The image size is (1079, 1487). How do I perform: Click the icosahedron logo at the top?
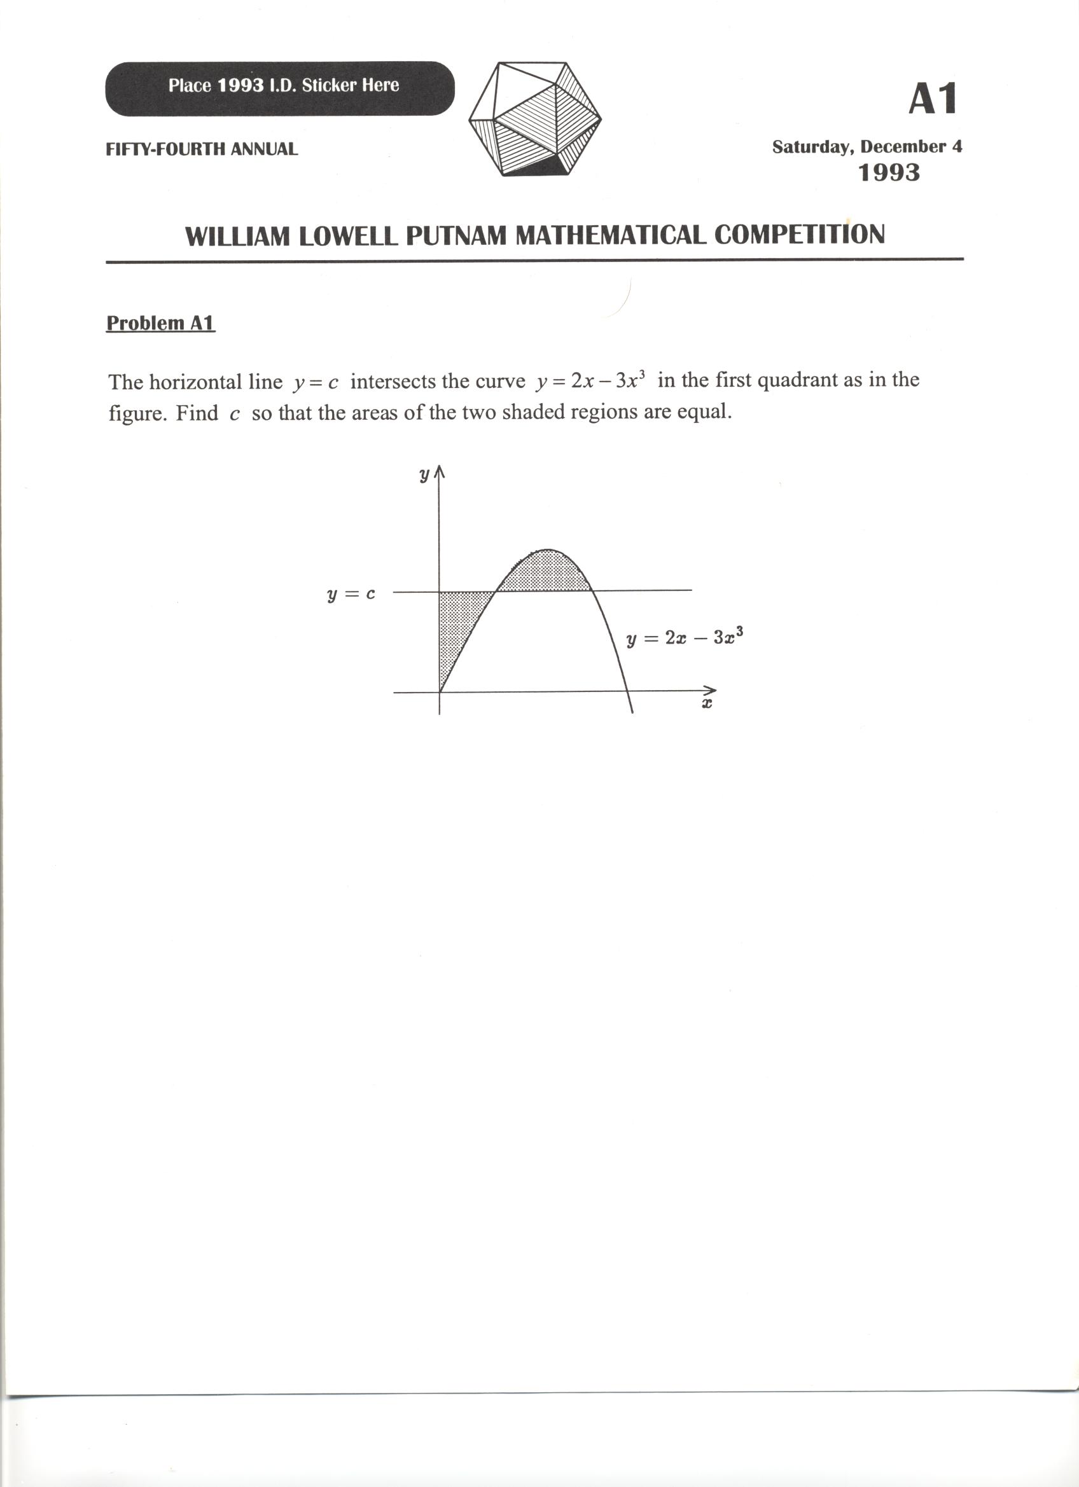(534, 119)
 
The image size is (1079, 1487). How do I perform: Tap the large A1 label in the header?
(932, 99)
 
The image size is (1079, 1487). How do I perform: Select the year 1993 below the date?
(889, 173)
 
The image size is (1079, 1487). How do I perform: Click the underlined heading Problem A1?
(160, 323)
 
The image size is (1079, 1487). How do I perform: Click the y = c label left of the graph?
(351, 595)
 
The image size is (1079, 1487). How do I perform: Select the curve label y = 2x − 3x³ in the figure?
(684, 637)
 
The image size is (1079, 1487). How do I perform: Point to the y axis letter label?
(424, 474)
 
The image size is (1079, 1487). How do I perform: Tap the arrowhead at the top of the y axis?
(440, 472)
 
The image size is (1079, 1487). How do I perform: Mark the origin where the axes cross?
(440, 691)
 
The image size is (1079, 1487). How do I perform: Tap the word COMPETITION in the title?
(799, 235)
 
